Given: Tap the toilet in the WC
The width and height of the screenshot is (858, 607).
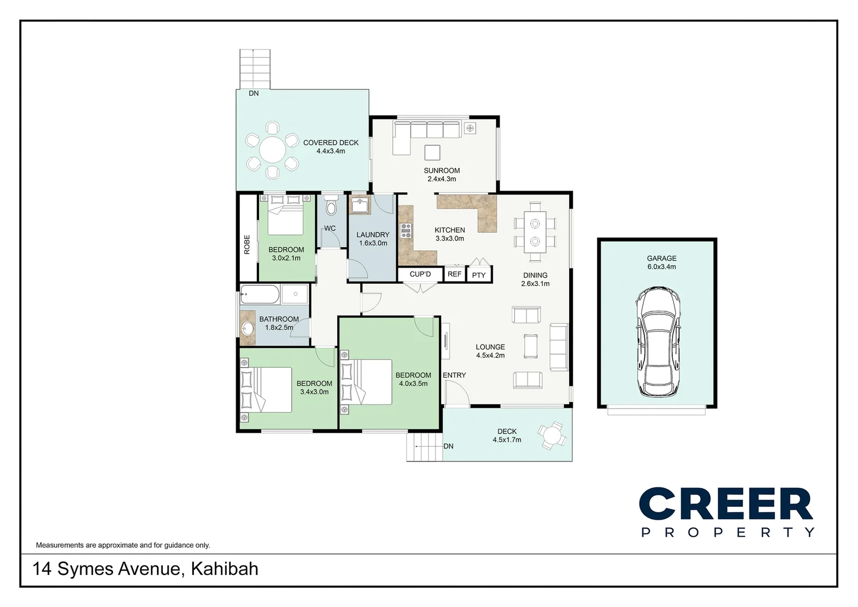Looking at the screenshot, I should pos(331,207).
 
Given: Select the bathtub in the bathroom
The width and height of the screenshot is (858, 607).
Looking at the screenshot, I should pos(260,294).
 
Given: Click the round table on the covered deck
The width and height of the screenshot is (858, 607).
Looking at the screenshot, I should pos(273,151).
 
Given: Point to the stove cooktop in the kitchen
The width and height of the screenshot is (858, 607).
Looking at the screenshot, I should pos(406,230).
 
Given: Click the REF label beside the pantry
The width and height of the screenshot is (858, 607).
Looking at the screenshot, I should pos(455,274).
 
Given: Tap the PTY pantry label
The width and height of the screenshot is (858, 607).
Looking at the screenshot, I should pos(479,275).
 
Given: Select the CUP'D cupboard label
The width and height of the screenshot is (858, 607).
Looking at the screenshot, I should pos(420,274).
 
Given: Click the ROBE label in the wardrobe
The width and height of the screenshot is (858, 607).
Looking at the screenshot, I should pos(247,244).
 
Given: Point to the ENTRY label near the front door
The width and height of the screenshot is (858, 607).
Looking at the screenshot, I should pos(454,375).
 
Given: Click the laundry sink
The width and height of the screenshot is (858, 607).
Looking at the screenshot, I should pos(360,205).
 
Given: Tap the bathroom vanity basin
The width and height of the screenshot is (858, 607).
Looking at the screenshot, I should pos(247,328).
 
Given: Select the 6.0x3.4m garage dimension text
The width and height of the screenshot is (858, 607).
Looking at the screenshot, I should pos(661,267).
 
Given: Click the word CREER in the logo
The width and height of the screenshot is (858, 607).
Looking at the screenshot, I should pos(725,504).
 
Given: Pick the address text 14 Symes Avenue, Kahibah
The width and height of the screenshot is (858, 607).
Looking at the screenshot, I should pos(146,569).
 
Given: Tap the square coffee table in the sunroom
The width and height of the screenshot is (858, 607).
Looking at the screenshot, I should pos(432,153).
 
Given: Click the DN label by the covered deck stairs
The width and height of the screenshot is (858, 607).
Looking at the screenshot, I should pos(254,93).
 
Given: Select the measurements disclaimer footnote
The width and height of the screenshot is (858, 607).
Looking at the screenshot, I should pos(123,545).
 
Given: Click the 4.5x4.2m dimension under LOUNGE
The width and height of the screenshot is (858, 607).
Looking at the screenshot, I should pos(490,355).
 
